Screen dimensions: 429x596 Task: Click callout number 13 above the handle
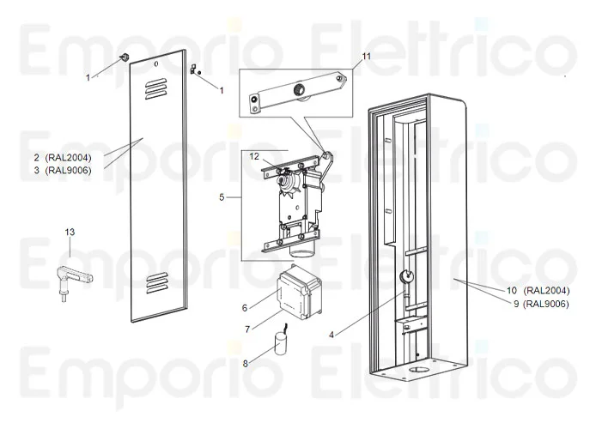pyautogui.click(x=70, y=232)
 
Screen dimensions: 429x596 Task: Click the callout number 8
pyautogui.click(x=245, y=363)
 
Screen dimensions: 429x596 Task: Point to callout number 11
pyautogui.click(x=367, y=56)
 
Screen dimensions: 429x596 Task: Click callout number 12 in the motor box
pyautogui.click(x=254, y=156)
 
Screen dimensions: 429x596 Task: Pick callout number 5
pyautogui.click(x=222, y=197)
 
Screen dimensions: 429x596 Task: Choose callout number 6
pyautogui.click(x=245, y=307)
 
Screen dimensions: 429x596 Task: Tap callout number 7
pyautogui.click(x=246, y=329)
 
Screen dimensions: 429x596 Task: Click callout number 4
pyautogui.click(x=331, y=333)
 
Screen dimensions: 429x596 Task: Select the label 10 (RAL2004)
pyautogui.click(x=533, y=290)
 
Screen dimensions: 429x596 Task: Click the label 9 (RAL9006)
pyautogui.click(x=534, y=303)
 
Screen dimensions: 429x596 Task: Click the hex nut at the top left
pyautogui.click(x=124, y=58)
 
